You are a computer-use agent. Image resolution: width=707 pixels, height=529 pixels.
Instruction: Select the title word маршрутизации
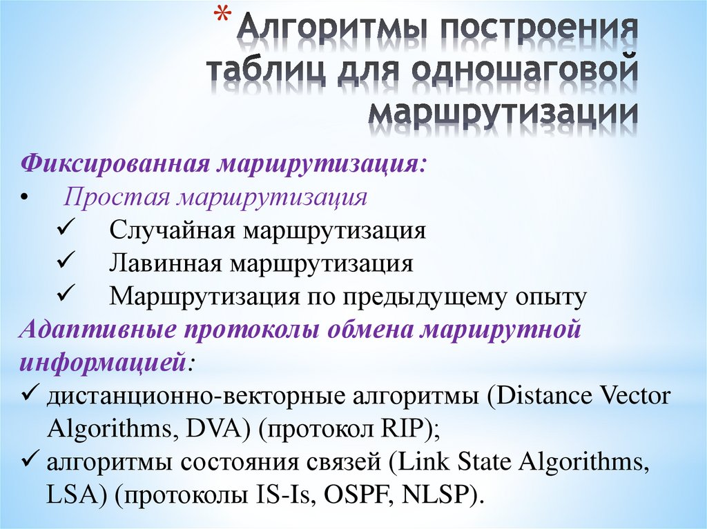pos(502,112)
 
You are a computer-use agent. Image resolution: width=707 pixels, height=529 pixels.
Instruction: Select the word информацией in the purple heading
pos(102,363)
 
